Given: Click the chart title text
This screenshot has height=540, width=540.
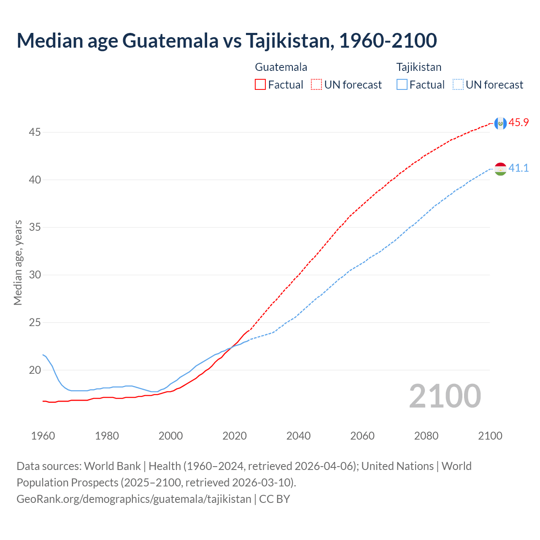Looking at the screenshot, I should pyautogui.click(x=227, y=40).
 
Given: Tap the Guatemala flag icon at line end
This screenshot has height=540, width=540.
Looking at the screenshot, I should pyautogui.click(x=500, y=123).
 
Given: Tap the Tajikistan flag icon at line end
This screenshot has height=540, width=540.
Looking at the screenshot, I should pyautogui.click(x=500, y=169).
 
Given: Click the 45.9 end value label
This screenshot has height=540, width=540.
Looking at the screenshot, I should pyautogui.click(x=518, y=123).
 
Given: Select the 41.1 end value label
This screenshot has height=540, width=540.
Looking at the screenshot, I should pyautogui.click(x=518, y=168).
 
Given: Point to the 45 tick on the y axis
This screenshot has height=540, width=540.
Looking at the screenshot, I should pyautogui.click(x=35, y=132).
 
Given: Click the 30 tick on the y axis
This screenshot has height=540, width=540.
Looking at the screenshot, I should pyautogui.click(x=35, y=275).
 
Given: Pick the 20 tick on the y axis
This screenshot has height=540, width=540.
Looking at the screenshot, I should pyautogui.click(x=35, y=370).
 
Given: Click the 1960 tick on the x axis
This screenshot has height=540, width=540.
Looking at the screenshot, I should pyautogui.click(x=43, y=436).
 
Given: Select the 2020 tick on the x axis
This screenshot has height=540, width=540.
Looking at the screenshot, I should pyautogui.click(x=235, y=436).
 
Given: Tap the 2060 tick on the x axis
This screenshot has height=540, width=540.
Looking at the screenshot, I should pyautogui.click(x=362, y=436).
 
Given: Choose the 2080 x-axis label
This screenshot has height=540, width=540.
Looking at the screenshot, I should pyautogui.click(x=426, y=436).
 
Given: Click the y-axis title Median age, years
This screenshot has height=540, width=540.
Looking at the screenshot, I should pyautogui.click(x=18, y=262).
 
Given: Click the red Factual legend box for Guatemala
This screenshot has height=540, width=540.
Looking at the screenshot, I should pyautogui.click(x=260, y=85).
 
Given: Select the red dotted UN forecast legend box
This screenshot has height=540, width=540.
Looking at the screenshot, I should pyautogui.click(x=316, y=85).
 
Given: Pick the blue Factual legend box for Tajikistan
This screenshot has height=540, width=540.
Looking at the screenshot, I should pyautogui.click(x=402, y=85).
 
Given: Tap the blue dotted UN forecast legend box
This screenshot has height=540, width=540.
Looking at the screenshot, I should pyautogui.click(x=458, y=85).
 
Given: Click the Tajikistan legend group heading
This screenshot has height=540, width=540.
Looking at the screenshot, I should pyautogui.click(x=418, y=67).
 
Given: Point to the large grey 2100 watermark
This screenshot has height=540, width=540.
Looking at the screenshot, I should pyautogui.click(x=445, y=396).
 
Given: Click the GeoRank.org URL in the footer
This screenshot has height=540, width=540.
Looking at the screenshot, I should pyautogui.click(x=134, y=499).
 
